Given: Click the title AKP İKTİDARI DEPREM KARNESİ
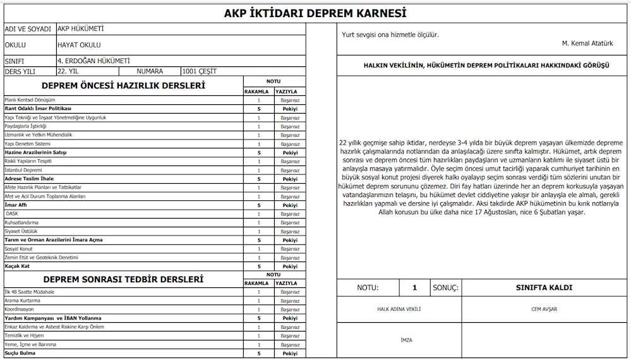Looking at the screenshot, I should coord(315,13).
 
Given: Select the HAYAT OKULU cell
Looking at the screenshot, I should coord(78,45).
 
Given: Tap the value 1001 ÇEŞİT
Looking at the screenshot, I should coord(199,71).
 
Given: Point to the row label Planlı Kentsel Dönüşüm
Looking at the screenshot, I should coord(30,100).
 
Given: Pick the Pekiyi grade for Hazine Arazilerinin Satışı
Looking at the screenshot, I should coord(290,153).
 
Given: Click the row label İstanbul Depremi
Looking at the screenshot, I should coord(23,170).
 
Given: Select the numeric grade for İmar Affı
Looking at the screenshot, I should coord(258,205).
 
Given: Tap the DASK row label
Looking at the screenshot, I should coord(12,213).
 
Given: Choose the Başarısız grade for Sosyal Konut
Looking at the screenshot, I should coord(290,249).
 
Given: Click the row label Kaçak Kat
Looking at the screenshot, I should coord(18,266).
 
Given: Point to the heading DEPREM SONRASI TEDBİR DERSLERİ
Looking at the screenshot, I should coord(123,279).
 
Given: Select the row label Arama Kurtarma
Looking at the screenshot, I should coord(23,301).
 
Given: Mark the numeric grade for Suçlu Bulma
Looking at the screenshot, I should coord(258,353).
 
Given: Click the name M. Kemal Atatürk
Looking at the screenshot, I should coord(587,44).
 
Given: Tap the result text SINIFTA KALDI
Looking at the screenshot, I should coord(544,287).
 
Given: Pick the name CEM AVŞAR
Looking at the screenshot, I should coord(544,309).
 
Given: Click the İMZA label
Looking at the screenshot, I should coord(406,340).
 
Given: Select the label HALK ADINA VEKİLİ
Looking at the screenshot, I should coord(399,309).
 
